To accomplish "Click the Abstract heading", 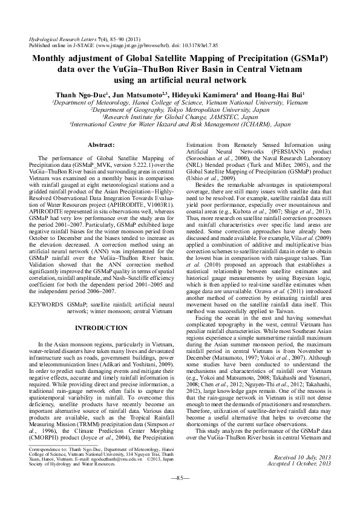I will coord(102,146).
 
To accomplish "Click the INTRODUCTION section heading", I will coord(102,327).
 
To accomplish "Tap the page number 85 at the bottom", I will coord(180,495).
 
